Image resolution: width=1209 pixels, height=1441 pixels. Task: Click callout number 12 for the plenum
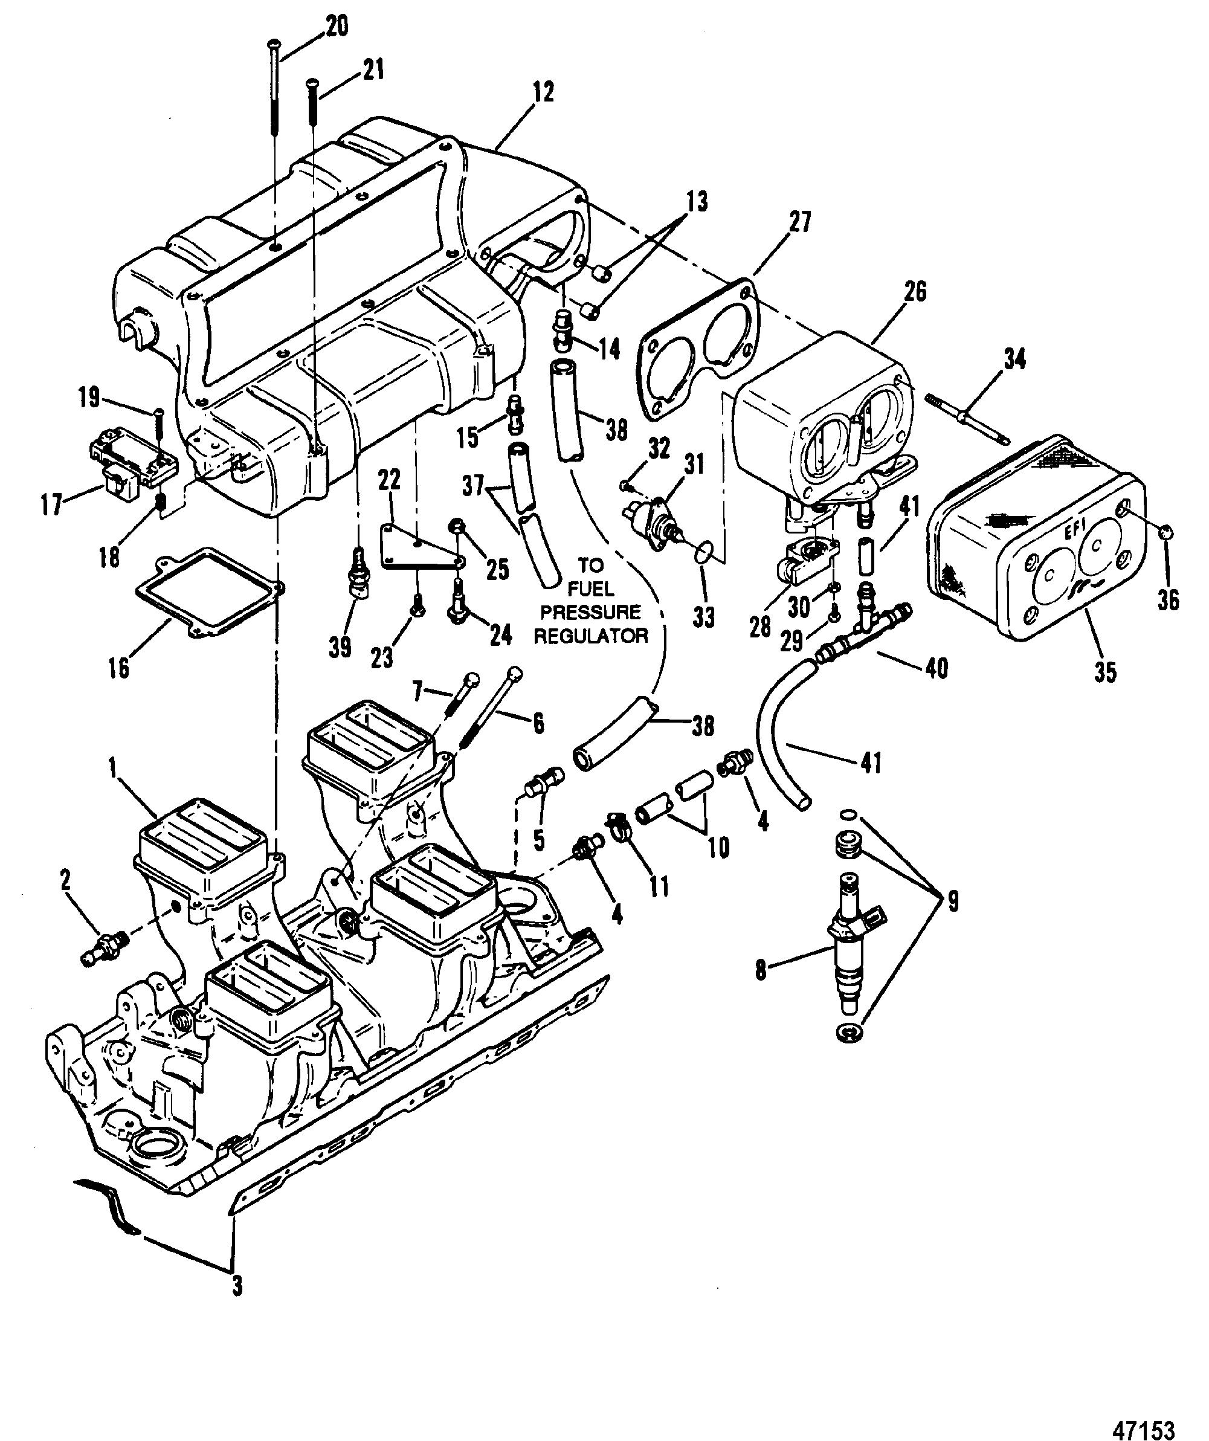[542, 92]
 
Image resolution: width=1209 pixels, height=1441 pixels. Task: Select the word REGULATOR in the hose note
[591, 636]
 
